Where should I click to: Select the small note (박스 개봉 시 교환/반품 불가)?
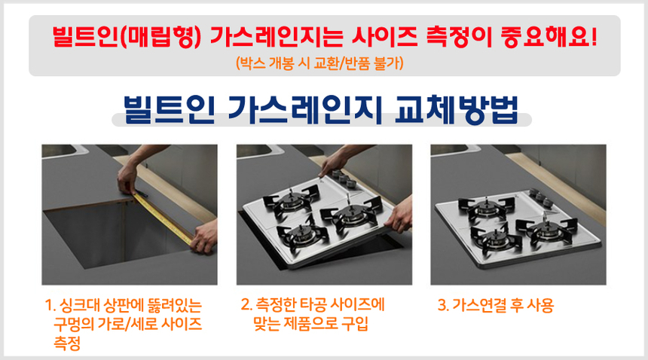click(324, 63)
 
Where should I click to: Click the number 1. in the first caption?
click(50, 307)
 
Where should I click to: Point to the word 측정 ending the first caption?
click(67, 343)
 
